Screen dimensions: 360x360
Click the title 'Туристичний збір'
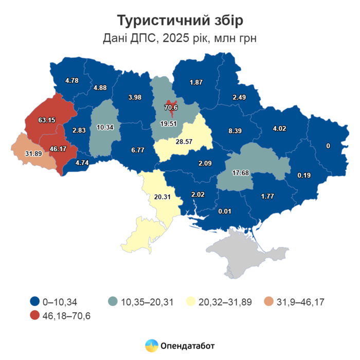[x=180, y=21]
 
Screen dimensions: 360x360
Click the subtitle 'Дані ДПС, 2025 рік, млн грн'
[x=180, y=38]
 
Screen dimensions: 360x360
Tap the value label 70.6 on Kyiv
[x=171, y=107]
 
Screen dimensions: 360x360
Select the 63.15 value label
[x=47, y=120]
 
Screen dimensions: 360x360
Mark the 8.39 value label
[x=236, y=131]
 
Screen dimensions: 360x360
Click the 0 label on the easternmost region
[x=328, y=147]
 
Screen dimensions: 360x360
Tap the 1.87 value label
[x=196, y=82]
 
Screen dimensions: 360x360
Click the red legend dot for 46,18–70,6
[x=34, y=315]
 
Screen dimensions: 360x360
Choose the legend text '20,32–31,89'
[x=226, y=302]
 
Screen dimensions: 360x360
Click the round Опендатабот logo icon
[x=151, y=346]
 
